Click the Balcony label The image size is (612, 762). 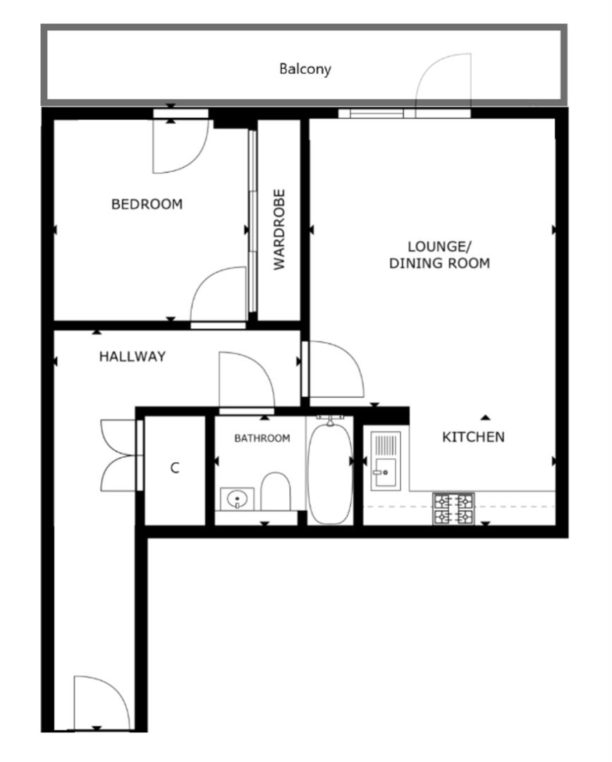[x=305, y=69]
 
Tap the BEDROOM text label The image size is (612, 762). [x=147, y=205]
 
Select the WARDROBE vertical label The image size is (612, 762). [x=280, y=229]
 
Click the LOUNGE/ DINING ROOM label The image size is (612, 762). [x=439, y=255]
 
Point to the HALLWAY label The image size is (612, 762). [x=132, y=357]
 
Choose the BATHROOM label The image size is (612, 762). [x=262, y=438]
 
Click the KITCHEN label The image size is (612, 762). [x=473, y=437]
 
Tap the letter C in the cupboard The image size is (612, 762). [x=175, y=468]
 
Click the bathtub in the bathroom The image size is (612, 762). [x=329, y=471]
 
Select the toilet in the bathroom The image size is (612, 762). [x=276, y=491]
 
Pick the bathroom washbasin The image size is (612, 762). [x=238, y=499]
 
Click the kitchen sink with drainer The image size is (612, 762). [x=386, y=461]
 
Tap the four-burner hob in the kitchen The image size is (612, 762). [x=453, y=509]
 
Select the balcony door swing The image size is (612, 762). [x=443, y=85]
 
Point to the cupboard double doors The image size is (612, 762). [x=118, y=455]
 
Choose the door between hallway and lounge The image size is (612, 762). [x=333, y=369]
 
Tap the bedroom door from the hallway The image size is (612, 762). [x=216, y=295]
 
